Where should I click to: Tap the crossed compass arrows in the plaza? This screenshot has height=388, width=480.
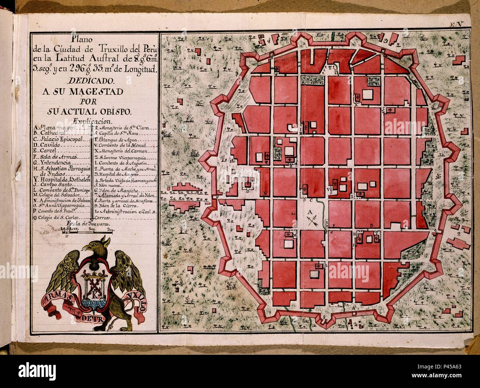coord(312,221)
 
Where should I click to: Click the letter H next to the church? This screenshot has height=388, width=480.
coord(354,234)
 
